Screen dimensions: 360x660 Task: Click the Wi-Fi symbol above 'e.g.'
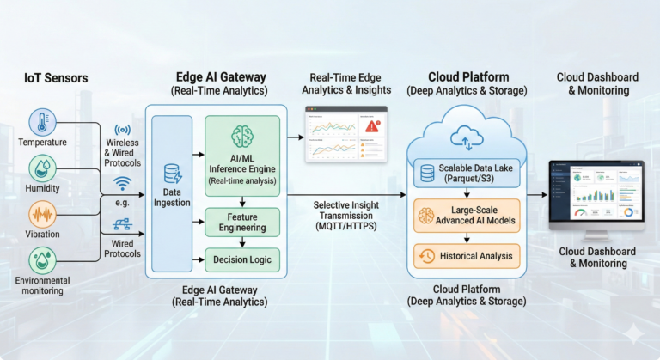click(x=122, y=183)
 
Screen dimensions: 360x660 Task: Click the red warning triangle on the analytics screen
click(x=372, y=125)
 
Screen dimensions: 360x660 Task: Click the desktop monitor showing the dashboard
click(x=596, y=194)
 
